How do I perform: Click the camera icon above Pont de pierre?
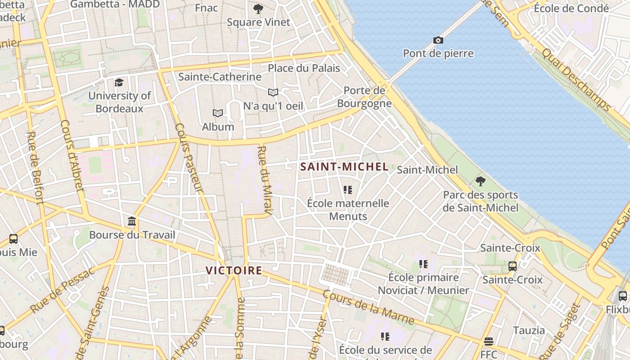(438, 40)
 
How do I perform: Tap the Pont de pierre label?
(438, 54)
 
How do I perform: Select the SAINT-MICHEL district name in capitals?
(344, 167)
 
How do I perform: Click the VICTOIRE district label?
(234, 270)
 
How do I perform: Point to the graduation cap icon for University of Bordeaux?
(119, 82)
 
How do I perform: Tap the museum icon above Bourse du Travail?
(132, 221)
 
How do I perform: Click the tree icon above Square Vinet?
(258, 9)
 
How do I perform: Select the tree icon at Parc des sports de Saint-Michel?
(480, 181)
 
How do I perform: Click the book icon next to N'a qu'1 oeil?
(273, 92)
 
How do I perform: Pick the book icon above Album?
(218, 113)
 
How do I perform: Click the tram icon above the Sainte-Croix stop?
(512, 266)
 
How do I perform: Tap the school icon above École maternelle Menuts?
(347, 190)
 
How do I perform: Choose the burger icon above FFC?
(489, 341)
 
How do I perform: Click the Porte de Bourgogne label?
(364, 97)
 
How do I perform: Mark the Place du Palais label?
(304, 68)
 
